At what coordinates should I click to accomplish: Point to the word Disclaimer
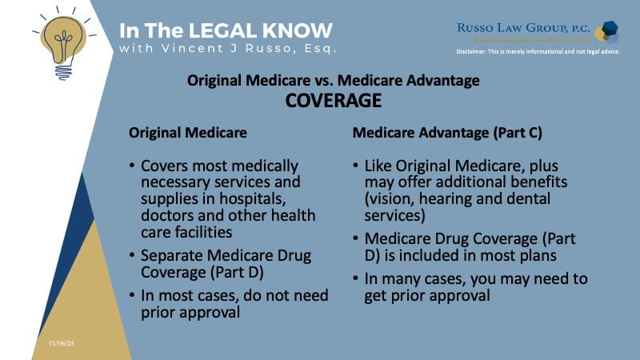478,53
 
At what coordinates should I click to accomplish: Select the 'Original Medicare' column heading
188,131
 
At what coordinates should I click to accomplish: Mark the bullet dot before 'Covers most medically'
131,166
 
